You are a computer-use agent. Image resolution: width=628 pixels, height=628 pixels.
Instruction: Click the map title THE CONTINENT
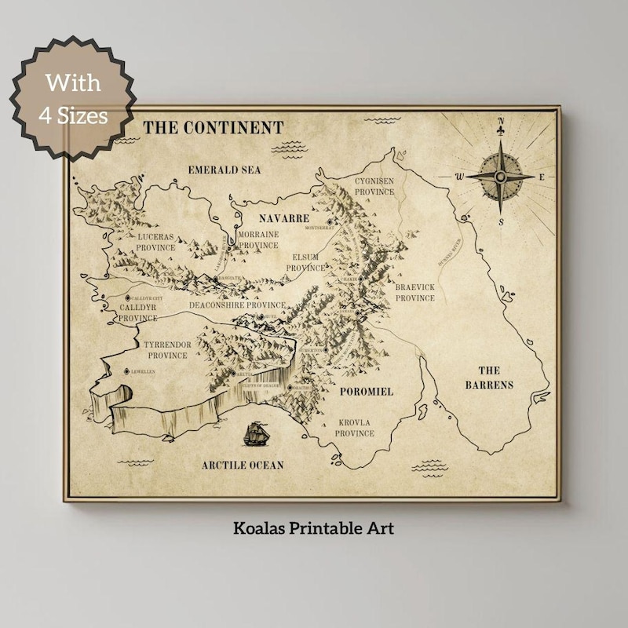click(213, 127)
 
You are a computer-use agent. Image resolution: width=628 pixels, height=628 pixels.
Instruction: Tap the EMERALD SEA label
click(225, 170)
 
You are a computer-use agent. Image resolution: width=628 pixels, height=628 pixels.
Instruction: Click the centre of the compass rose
click(500, 177)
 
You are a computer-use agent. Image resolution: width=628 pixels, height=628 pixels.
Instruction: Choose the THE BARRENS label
click(489, 378)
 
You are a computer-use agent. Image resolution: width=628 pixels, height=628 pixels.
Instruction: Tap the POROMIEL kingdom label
click(366, 391)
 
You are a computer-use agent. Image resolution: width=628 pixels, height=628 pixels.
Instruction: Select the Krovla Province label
click(354, 428)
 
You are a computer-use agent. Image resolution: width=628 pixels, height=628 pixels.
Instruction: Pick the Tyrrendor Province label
click(168, 349)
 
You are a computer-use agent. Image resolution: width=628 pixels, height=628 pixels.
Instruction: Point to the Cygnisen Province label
click(374, 185)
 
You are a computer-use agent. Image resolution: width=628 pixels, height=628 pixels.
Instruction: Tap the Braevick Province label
click(415, 293)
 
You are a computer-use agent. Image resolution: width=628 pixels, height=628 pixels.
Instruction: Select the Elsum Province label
click(305, 262)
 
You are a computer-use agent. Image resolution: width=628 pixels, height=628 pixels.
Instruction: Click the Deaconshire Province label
click(237, 305)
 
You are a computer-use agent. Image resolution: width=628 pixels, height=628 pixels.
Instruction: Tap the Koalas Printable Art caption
click(313, 528)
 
